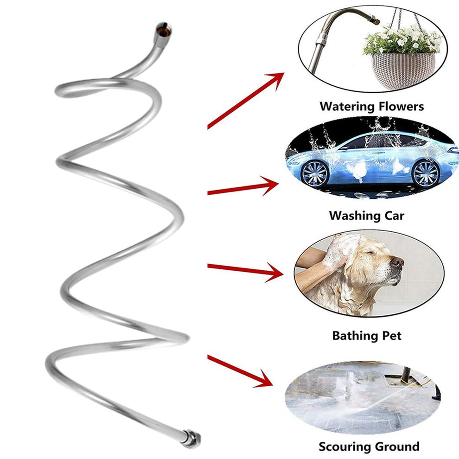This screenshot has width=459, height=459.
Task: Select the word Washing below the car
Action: (x=354, y=216)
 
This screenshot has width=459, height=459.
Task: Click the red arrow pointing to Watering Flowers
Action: (x=246, y=99)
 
